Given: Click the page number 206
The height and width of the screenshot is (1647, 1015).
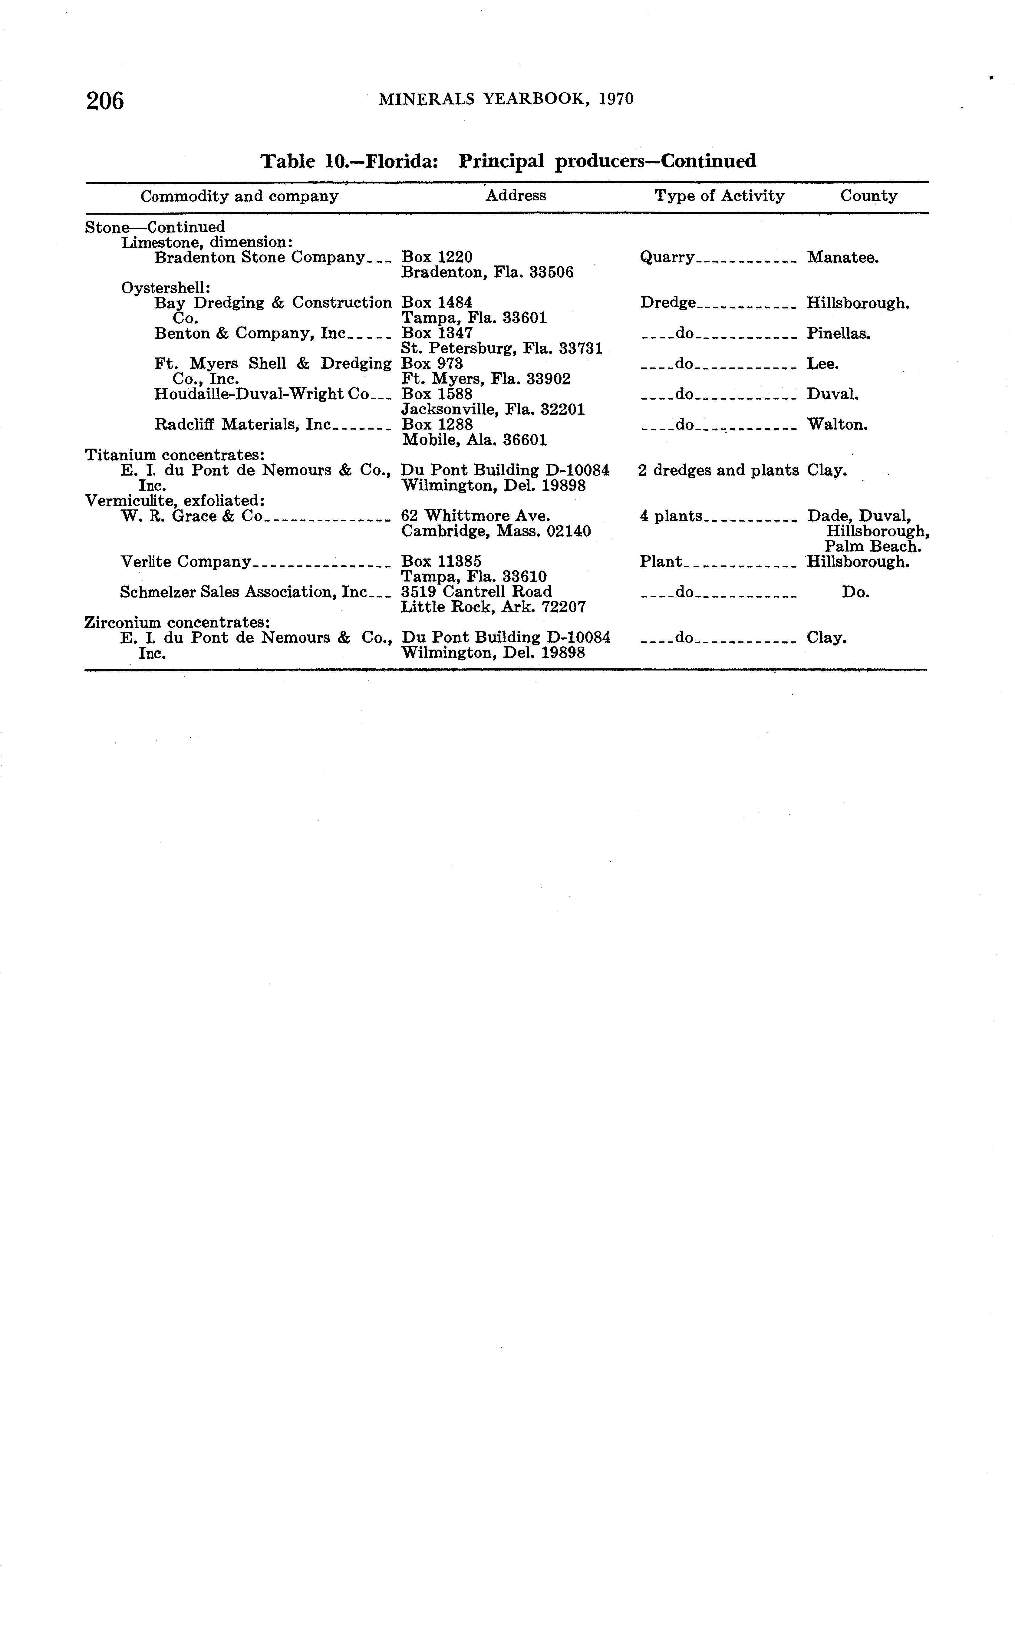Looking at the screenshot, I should (x=105, y=101).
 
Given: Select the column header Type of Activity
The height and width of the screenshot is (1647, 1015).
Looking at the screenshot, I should (x=719, y=196).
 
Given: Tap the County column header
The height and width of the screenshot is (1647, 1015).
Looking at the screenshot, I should (x=869, y=196).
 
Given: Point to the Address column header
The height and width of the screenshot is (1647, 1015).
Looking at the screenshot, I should (x=516, y=195).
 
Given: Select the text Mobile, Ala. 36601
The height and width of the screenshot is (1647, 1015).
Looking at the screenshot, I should (x=474, y=440).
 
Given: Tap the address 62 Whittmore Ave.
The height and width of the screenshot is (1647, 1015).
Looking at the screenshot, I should (x=475, y=516).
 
